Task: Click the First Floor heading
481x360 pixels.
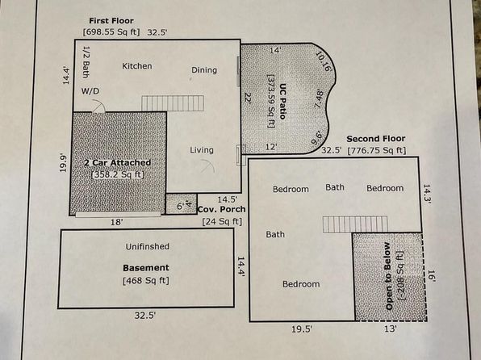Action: click(111, 21)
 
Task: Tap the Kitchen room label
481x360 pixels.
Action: click(137, 66)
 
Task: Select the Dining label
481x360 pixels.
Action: click(204, 70)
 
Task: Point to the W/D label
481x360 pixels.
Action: click(90, 91)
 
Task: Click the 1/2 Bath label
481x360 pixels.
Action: click(86, 61)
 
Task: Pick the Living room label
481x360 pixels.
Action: click(202, 150)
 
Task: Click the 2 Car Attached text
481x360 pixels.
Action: click(118, 163)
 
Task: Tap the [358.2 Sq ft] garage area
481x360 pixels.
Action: click(118, 174)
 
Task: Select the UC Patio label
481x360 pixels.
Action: click(282, 101)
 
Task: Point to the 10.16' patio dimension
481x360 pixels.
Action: click(324, 61)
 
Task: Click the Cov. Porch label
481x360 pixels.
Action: click(221, 209)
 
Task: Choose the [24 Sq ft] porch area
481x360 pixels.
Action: click(222, 221)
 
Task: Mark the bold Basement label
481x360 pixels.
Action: click(146, 268)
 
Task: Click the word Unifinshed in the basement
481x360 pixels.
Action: click(147, 246)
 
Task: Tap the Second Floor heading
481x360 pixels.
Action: click(376, 139)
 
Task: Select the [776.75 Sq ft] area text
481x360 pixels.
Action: click(377, 150)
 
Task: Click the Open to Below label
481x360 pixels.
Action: click(388, 276)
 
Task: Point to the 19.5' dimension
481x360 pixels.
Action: click(302, 329)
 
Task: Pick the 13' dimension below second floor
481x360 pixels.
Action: click(391, 329)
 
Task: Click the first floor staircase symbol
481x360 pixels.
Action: click(173, 103)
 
